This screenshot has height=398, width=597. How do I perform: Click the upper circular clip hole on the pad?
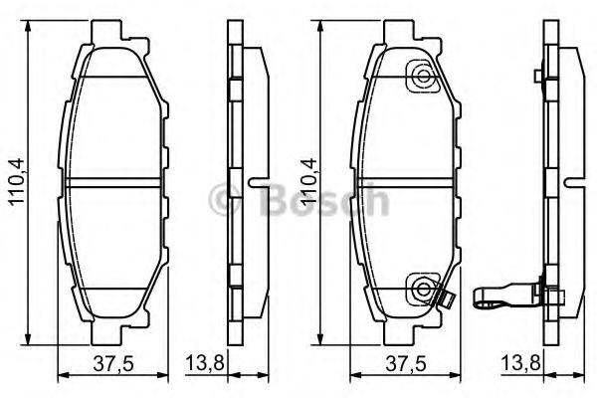423,77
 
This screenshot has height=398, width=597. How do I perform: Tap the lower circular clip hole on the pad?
423,290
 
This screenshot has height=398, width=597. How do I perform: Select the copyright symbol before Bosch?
235,202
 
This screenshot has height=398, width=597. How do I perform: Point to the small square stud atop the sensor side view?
537,77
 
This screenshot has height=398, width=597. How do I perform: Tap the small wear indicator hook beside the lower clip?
448,297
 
